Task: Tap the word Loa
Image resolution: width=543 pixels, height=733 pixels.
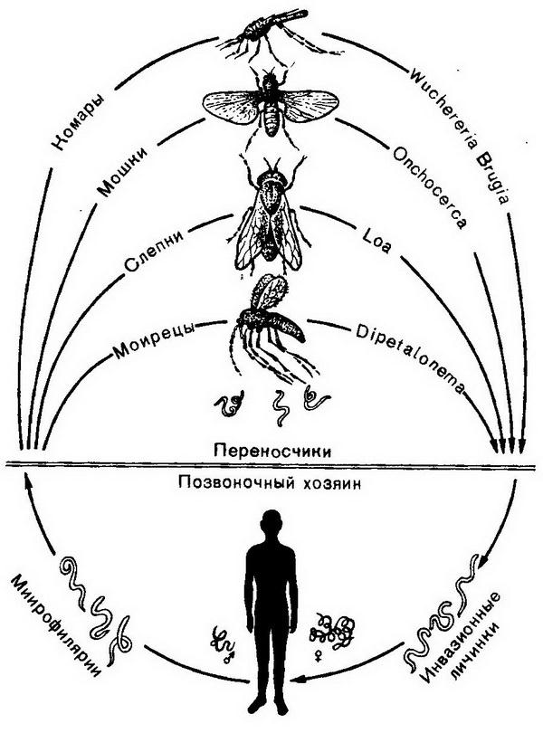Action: (x=375, y=247)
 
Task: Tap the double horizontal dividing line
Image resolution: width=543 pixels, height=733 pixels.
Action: (x=271, y=465)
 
